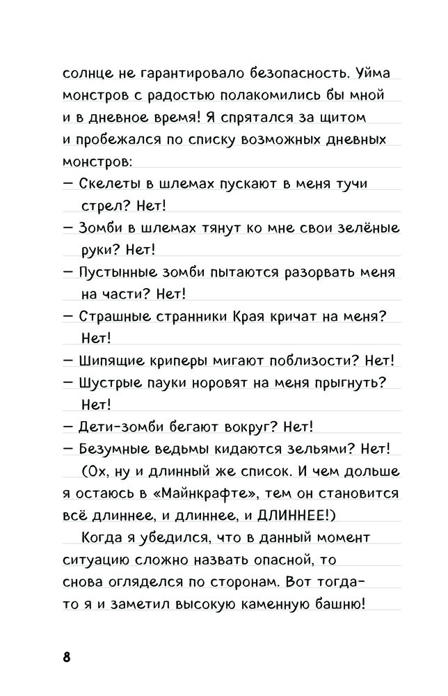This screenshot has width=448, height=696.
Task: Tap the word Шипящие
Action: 112,361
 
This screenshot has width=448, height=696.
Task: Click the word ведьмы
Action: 190,449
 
